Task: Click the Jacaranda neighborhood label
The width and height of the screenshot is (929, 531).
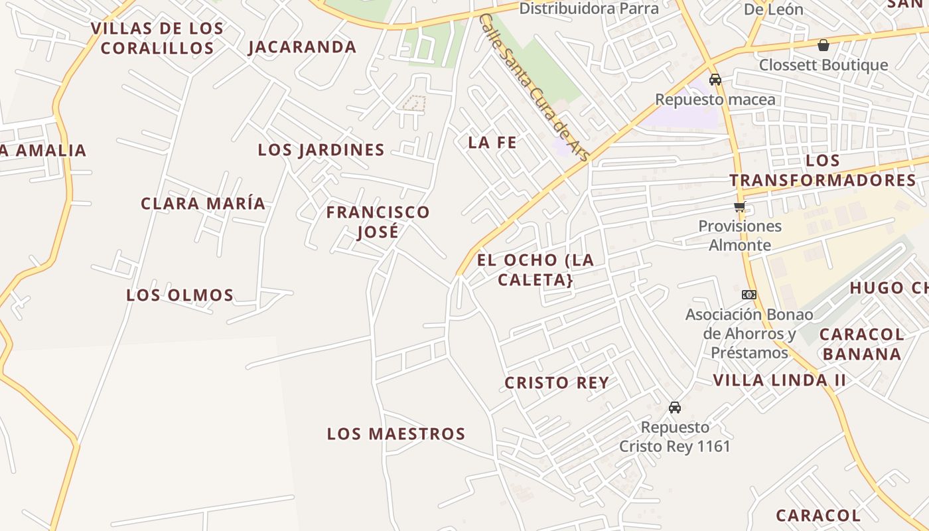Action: [x=303, y=47]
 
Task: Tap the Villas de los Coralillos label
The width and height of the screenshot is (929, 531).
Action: [x=157, y=38]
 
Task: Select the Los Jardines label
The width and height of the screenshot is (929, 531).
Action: [x=321, y=150]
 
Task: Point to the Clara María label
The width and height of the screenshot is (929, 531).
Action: [x=203, y=203]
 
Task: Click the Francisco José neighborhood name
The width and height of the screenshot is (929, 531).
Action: [x=378, y=222]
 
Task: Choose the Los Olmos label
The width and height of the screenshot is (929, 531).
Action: [x=180, y=295]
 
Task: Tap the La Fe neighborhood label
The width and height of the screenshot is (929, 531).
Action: [x=492, y=142]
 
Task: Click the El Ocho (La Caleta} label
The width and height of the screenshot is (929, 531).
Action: [x=536, y=269]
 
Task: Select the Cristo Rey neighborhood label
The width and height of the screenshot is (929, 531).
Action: [x=557, y=383]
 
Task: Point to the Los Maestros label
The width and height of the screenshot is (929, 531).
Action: [x=396, y=434]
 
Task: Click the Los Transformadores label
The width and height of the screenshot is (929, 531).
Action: [x=823, y=171]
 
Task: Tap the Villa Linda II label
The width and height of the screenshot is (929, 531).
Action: [x=780, y=380]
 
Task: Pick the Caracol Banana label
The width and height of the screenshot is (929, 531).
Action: [x=862, y=344]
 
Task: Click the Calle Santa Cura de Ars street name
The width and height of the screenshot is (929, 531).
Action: [x=534, y=87]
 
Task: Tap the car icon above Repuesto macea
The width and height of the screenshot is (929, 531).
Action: [x=715, y=80]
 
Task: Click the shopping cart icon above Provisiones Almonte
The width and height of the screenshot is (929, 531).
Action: [x=740, y=207]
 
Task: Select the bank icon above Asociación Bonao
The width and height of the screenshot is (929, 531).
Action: [x=749, y=295]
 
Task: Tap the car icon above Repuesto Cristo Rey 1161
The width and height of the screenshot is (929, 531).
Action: [x=675, y=407]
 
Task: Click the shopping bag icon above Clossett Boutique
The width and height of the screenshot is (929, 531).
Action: [x=823, y=46]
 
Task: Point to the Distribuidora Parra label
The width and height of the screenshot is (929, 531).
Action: [x=589, y=8]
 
